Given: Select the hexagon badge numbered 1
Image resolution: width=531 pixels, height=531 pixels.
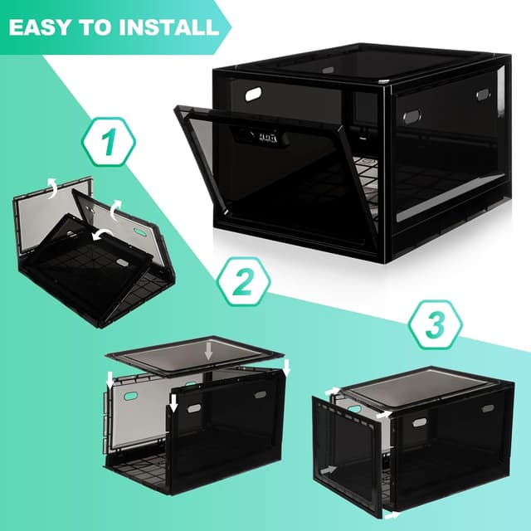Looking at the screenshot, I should click(107, 143).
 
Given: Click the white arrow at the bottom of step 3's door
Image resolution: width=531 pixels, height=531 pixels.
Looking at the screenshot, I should click(392, 514).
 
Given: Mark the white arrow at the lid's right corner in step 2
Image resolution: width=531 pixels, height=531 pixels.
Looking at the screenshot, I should click(285, 366).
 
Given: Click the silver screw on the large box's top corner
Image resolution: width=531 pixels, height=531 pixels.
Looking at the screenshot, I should click(388, 81).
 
